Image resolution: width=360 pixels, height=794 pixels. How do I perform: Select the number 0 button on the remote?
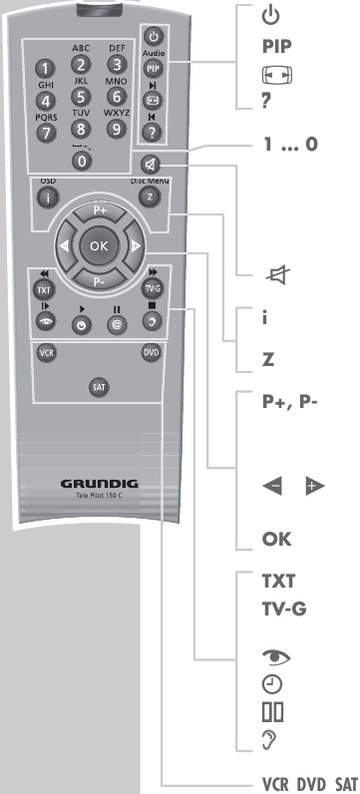point(82,160)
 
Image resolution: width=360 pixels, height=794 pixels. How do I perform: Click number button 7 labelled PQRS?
point(45,134)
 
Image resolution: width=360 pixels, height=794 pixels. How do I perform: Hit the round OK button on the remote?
point(99,244)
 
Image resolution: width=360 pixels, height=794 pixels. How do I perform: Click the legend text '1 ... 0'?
point(289,143)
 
